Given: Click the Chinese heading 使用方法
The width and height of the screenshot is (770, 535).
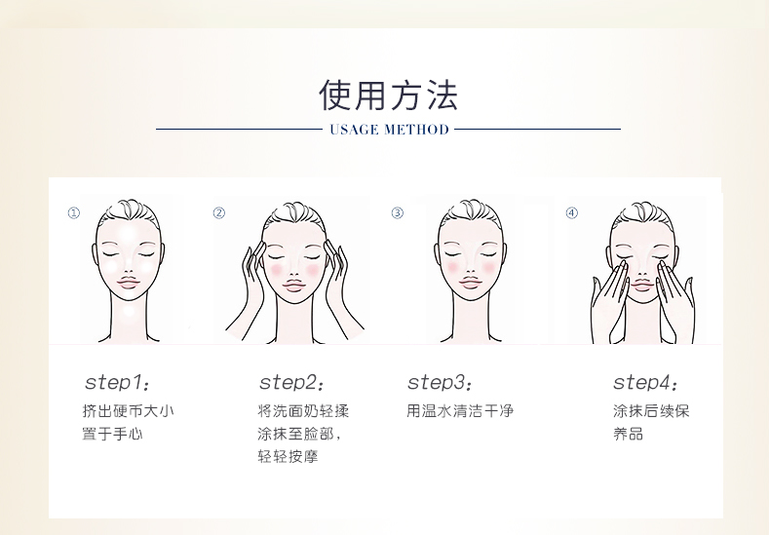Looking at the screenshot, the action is pos(389,95).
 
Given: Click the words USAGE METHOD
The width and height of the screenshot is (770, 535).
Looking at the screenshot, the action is pos(390,130).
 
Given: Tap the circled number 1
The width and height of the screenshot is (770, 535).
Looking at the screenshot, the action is pos(74,213).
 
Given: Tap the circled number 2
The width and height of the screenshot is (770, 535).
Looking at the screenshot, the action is pos(219,213).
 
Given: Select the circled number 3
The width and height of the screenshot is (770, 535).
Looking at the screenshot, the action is pos(398,213).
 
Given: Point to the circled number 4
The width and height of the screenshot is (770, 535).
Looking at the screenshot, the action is pos(572,213).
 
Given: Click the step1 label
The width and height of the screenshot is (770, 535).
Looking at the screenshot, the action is pos(117,382).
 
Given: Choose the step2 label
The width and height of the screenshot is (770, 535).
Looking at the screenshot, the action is pos(291,382).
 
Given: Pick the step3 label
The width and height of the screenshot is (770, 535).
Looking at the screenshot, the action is pos(440,382).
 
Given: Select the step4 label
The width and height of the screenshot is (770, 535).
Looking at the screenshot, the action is pos(645,382).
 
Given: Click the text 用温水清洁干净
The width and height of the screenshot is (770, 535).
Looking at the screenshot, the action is pos(460,410).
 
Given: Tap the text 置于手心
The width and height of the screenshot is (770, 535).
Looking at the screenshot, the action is pos(112,434).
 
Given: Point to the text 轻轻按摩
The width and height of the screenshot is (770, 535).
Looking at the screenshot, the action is pos(288,456).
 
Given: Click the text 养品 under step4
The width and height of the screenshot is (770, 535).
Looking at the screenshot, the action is pos(628,434).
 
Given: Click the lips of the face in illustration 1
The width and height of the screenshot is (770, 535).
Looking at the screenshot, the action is pos(128,283).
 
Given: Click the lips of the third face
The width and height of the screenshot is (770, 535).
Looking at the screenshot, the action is pos(470,284).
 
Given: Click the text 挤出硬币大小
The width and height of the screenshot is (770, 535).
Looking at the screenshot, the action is pos(128,410).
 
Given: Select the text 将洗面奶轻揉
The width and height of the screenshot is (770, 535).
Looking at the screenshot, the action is pos(303,410).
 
